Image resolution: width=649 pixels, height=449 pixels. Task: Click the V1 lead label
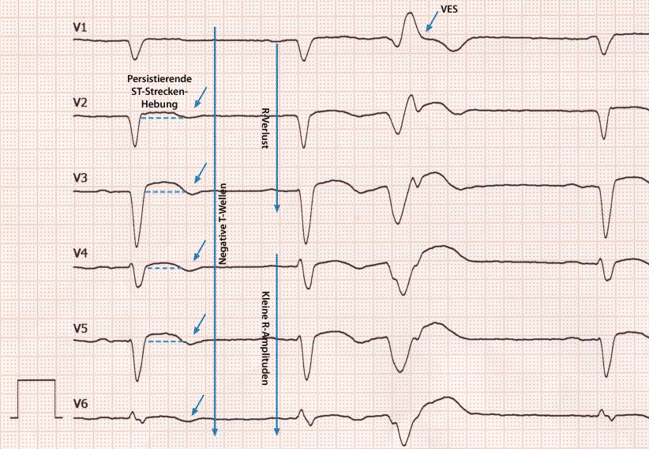click(81, 28)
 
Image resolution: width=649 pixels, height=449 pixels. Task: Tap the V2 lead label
click(81, 103)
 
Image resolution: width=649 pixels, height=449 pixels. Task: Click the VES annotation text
click(448, 9)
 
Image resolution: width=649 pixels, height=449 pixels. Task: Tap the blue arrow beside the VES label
click(432, 23)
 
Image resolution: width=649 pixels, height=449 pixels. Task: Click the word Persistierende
click(156, 80)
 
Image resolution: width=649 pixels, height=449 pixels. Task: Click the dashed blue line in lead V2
click(162, 117)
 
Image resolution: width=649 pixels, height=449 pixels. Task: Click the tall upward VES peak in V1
click(410, 17)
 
